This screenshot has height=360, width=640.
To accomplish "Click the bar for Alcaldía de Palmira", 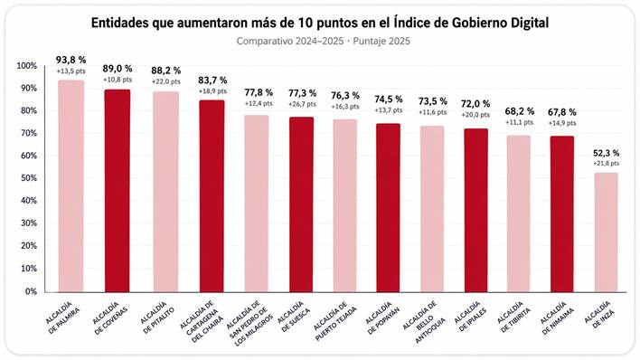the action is pos(71,186).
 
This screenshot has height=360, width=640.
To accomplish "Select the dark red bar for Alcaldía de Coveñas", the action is pos(118,191).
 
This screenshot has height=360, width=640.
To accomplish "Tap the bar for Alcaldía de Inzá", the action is pos(607,232).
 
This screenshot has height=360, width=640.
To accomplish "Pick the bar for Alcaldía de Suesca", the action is pos(302,204).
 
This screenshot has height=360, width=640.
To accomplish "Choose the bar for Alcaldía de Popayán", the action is pos(388,208).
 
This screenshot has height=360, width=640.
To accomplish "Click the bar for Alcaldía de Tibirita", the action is pos(519,213).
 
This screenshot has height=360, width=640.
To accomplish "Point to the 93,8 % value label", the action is pos(71,60).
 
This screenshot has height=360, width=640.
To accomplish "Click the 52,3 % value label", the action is pos(607,153).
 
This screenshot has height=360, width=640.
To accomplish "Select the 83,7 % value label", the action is pos(212,81).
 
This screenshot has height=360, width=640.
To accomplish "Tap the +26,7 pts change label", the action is pos(302,104).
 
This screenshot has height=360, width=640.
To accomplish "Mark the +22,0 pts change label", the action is pos(166,81).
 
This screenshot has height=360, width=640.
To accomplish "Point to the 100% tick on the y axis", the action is pos(26,66).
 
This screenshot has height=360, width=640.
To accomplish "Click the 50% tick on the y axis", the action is pos(29,178).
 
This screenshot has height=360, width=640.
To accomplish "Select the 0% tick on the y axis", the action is pos(31,291).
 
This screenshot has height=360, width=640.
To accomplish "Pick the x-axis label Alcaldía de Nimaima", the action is pos(557,318).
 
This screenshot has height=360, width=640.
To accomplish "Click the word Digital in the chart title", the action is pos(529,24).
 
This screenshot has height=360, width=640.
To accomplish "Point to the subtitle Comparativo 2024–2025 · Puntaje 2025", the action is pos(324,42).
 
